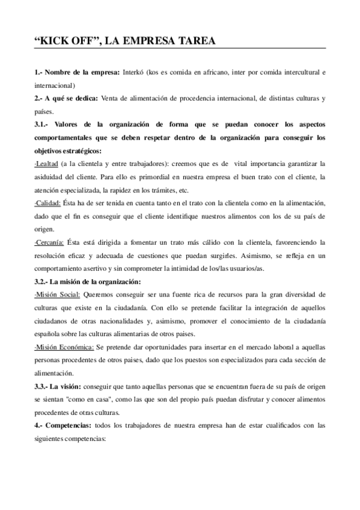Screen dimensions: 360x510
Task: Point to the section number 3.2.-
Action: [x=44, y=281]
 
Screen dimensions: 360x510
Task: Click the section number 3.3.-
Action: [x=44, y=387]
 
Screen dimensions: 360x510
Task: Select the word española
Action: [x=50, y=334]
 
